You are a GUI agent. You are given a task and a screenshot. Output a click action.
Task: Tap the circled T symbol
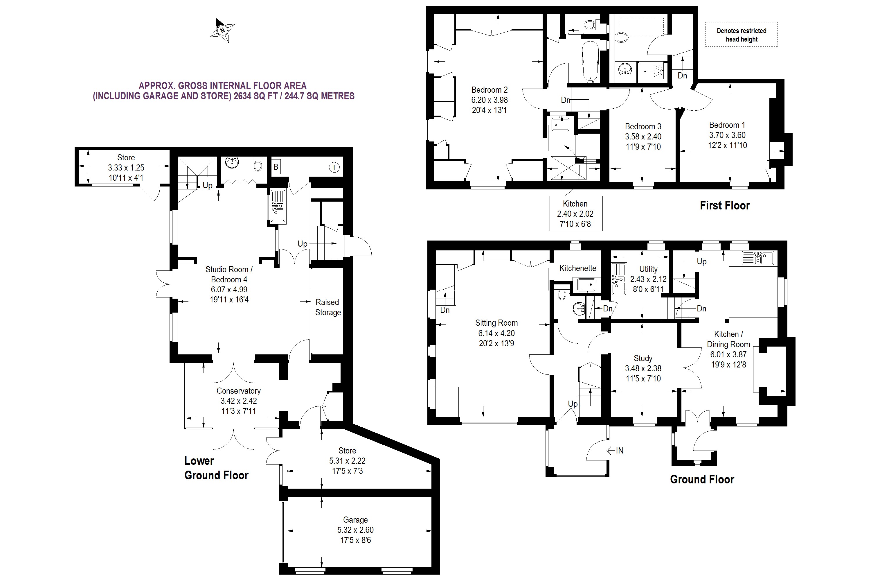pyautogui.click(x=334, y=168)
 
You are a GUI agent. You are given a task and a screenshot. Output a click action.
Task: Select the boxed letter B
pyautogui.click(x=276, y=167)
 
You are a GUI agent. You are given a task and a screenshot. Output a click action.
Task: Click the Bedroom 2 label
pyautogui.click(x=489, y=90)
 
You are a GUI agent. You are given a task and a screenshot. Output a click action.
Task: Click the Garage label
pyautogui.click(x=355, y=520)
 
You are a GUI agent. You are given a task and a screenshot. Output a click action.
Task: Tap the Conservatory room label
pyautogui.click(x=238, y=391)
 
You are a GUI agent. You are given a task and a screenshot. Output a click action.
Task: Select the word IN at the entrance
pyautogui.click(x=620, y=451)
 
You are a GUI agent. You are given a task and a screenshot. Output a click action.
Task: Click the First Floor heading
pyautogui.click(x=725, y=205)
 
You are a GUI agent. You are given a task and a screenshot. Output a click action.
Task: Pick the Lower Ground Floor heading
pyautogui.click(x=216, y=468)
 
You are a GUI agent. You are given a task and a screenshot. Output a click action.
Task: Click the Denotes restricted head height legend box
pyautogui.click(x=742, y=35)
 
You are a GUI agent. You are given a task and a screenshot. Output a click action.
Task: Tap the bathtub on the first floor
pyautogui.click(x=590, y=61)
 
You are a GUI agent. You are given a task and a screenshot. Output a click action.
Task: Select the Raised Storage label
pyautogui.click(x=328, y=307)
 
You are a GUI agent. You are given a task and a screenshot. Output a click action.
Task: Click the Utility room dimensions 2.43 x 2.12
pyautogui.click(x=648, y=279)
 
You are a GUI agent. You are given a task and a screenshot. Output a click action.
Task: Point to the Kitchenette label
pyautogui.click(x=578, y=268)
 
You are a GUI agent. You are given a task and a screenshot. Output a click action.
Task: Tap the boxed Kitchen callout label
pyautogui.click(x=576, y=214)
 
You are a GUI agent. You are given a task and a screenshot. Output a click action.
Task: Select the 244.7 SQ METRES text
pyautogui.click(x=319, y=96)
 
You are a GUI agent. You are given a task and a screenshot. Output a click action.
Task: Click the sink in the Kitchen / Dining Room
pyautogui.click(x=758, y=258)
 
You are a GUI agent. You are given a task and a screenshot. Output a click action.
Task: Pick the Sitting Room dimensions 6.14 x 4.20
pyautogui.click(x=496, y=333)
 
